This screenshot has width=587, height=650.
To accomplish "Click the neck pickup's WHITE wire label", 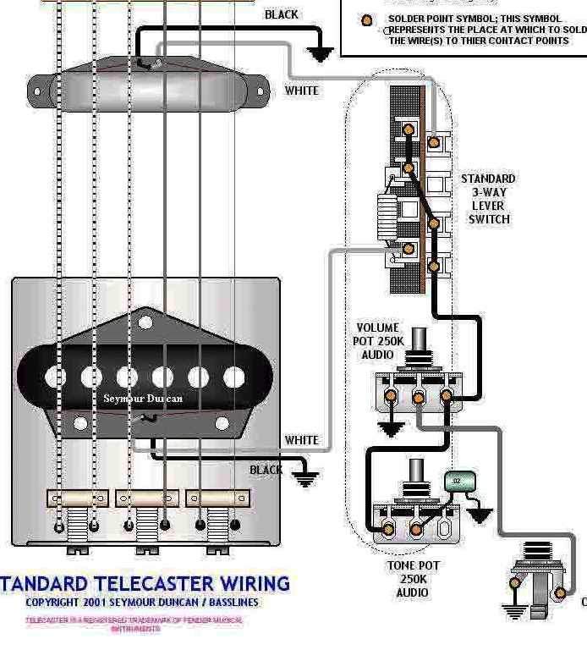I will click(x=302, y=91).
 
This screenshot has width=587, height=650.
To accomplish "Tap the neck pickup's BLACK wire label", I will click(x=281, y=14).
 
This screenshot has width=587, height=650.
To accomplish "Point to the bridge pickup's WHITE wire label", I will click(x=302, y=440).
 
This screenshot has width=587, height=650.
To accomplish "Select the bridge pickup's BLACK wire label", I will click(x=266, y=470).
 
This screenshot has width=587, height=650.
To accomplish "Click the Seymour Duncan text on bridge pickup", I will click(x=143, y=398).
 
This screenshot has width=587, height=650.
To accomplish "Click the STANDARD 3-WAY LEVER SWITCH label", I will click(x=488, y=199).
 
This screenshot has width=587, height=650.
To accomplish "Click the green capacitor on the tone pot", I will click(x=458, y=482).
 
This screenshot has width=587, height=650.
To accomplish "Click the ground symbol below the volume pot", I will click(x=390, y=429).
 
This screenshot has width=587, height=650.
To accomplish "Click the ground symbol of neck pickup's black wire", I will click(x=320, y=53).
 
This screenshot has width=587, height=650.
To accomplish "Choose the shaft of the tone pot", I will click(x=417, y=475).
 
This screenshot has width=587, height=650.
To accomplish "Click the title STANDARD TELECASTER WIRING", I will click(x=145, y=583).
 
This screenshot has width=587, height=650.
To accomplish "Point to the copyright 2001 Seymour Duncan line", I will click(x=142, y=603).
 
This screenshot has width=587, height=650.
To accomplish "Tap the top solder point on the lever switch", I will click(x=409, y=129).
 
